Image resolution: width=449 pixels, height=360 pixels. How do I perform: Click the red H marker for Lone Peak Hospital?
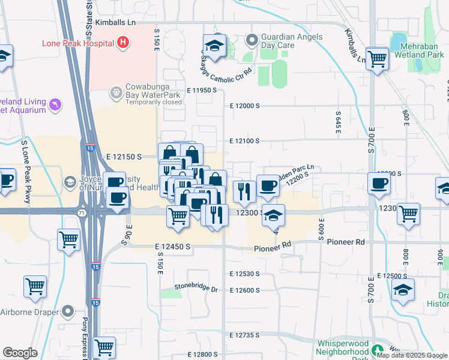(123, 43)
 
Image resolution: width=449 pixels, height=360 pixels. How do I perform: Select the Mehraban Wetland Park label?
(418, 49)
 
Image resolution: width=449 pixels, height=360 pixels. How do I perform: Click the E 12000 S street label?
(244, 106)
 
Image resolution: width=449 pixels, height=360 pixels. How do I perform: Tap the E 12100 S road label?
(244, 141)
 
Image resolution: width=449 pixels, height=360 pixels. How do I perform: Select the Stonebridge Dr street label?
(196, 288)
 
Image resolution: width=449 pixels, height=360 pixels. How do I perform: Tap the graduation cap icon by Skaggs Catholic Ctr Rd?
(214, 46)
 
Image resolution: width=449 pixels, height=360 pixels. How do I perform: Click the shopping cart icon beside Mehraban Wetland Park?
(377, 59)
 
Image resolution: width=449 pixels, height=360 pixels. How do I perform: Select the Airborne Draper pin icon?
(69, 312)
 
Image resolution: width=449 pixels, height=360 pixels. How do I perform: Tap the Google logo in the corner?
(20, 353)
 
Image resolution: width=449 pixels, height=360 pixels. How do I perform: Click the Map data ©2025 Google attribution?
(412, 355)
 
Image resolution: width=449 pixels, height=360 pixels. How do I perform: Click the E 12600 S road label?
(244, 290)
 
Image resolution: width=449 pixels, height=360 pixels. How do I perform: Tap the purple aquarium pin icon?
(56, 105)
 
